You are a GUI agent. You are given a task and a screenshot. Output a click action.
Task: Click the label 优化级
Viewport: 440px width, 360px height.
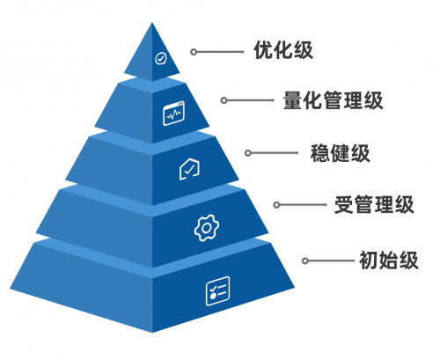(283, 50)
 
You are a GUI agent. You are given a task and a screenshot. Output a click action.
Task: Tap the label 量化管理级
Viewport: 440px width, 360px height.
(333, 100)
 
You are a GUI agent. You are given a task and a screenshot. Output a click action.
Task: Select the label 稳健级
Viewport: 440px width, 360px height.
(340, 153)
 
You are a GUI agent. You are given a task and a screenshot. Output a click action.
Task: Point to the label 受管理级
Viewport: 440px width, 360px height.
(374, 204)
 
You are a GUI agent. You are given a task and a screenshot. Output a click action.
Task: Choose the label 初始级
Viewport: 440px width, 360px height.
(389, 260)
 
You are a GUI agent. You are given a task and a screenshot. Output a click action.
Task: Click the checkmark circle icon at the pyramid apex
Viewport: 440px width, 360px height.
(160, 58)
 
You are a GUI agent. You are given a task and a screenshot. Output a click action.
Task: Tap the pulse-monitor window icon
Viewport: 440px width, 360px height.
(173, 114)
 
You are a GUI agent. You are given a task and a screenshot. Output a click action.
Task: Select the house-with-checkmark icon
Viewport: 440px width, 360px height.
(189, 169)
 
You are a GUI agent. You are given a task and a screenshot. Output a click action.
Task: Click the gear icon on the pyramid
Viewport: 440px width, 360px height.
(207, 228)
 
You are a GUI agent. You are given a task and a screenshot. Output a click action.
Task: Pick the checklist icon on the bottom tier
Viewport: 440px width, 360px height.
(217, 290)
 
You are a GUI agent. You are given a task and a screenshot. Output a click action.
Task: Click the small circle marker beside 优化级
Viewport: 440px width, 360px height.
(194, 52)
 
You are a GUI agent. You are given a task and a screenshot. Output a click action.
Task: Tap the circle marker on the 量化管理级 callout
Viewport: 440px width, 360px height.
(224, 100)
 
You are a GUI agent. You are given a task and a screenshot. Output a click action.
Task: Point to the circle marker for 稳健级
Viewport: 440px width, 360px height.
(248, 153)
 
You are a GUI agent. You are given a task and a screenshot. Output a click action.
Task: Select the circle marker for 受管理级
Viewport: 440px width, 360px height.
(276, 205)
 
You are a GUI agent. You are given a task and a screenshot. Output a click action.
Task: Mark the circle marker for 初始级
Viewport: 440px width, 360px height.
(305, 261)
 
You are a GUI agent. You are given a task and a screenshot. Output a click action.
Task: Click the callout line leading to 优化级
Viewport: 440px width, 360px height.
(220, 52)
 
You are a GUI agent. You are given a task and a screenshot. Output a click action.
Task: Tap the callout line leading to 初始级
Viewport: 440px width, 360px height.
(331, 261)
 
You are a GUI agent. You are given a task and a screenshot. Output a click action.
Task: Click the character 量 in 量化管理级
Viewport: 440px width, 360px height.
(293, 100)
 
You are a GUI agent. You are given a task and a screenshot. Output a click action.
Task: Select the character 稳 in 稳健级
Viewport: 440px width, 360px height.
(320, 153)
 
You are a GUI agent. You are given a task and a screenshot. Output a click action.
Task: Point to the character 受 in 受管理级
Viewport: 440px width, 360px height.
(344, 204)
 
